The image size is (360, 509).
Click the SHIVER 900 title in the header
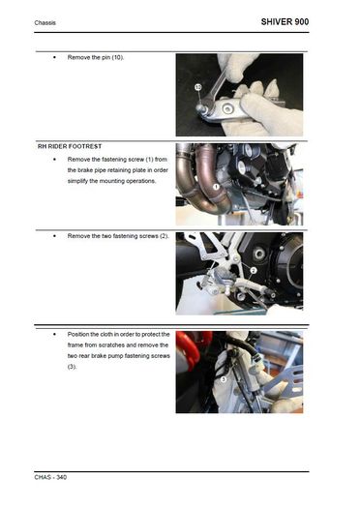coord(285,21)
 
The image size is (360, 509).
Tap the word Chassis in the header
coord(45,22)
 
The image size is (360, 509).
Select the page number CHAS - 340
coord(50,477)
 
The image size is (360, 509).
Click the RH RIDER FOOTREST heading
coord(70,146)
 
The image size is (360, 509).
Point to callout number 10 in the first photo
coord(198,87)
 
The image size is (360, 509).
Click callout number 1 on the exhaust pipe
coord(216,187)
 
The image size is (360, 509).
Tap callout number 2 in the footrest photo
coord(254,270)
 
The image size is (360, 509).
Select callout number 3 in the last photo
coord(224,378)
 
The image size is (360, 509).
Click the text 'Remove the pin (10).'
coord(96,57)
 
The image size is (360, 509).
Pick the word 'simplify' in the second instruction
coord(77,181)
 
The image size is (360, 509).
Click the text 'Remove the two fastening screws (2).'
coord(118,236)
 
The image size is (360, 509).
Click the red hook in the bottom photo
coord(190,349)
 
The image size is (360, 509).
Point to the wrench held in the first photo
coord(214,89)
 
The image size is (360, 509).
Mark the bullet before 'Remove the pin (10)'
coord(54,58)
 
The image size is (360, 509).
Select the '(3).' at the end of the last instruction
coord(72,367)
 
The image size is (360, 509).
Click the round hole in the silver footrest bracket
coord(229,108)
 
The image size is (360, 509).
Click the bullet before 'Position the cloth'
coord(54,335)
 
